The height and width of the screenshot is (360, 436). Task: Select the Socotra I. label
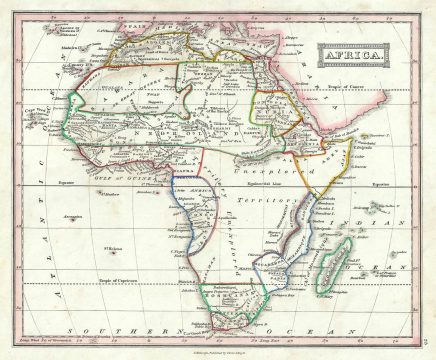pos(374,134)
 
